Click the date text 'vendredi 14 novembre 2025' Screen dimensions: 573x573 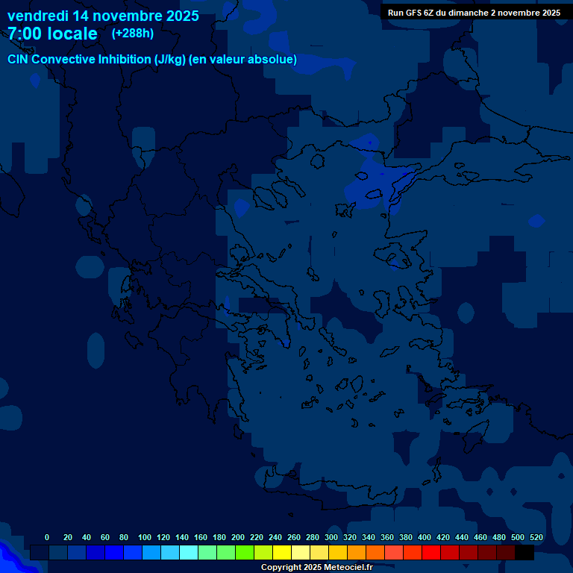click(x=103, y=16)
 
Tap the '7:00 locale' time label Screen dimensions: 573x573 click(x=52, y=34)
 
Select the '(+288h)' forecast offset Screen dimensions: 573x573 click(x=133, y=33)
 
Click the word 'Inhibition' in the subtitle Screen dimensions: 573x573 click(x=124, y=60)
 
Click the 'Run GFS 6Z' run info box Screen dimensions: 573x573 click(x=474, y=13)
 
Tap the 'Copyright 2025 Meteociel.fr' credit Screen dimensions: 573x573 click(x=316, y=567)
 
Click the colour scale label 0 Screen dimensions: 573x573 click(x=47, y=537)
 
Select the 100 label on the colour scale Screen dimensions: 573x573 click(x=145, y=537)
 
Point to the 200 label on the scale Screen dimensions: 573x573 click(x=238, y=537)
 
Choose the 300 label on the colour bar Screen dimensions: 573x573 click(x=331, y=537)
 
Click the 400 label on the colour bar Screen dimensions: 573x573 click(x=425, y=537)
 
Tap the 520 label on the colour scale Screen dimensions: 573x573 click(x=536, y=537)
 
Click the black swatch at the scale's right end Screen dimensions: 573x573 click(x=525, y=552)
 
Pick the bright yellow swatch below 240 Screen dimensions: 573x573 click(x=282, y=552)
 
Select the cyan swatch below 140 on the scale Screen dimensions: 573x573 click(x=189, y=552)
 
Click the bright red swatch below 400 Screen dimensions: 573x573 click(x=431, y=552)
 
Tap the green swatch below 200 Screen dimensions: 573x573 click(x=245, y=552)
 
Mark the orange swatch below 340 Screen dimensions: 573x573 click(x=375, y=552)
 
